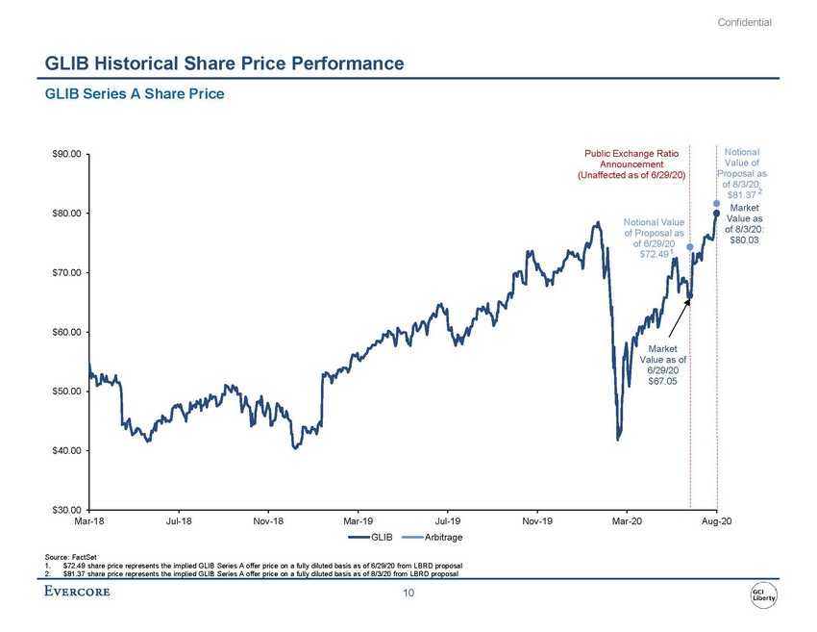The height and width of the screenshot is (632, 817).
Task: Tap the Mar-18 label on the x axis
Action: pos(88,520)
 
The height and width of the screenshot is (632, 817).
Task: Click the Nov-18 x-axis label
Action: pos(267,520)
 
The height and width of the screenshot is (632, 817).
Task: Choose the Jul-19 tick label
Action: pos(447,520)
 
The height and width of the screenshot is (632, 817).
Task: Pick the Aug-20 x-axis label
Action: pos(716,520)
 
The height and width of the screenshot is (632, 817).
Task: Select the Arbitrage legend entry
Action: pos(431,537)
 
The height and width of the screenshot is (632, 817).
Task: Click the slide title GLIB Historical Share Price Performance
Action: pos(224,64)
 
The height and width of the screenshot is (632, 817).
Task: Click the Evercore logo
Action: pos(78,591)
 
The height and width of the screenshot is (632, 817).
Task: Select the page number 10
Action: pos(408,594)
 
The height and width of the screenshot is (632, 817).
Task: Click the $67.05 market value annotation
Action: pos(662,382)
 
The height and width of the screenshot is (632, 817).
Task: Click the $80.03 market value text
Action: pos(744,240)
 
